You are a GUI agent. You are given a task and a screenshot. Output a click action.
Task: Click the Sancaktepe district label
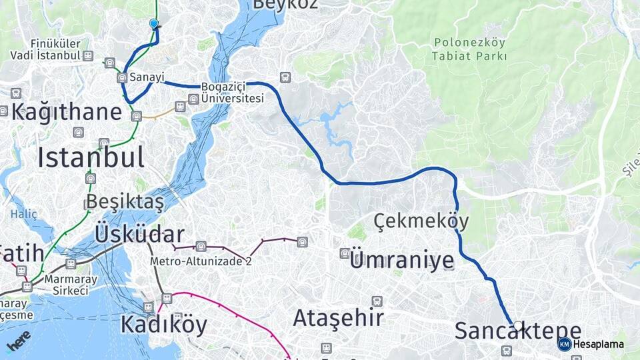[x=518, y=331]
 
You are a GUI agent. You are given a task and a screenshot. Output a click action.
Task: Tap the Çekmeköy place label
[x=421, y=221]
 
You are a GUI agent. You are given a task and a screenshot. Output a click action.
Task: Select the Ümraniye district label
[x=401, y=259]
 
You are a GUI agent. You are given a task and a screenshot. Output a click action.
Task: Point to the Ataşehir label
[x=338, y=317]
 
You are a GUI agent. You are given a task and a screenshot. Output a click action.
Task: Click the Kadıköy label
[x=163, y=325]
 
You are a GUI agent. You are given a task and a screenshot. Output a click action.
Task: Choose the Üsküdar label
[x=139, y=234]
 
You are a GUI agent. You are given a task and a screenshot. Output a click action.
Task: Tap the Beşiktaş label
[x=125, y=202]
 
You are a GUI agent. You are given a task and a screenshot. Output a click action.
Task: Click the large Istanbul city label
[x=91, y=157]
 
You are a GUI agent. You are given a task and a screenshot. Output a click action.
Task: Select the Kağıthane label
[x=66, y=111]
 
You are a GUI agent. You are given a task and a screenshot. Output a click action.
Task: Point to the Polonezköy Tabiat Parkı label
[x=469, y=49]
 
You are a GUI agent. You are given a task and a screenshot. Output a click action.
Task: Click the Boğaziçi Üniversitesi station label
[x=233, y=93]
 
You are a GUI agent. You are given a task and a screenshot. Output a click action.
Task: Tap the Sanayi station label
[x=147, y=77]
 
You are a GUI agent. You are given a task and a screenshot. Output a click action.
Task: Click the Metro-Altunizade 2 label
[x=201, y=261]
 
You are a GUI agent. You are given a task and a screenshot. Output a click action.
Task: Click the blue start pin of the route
[x=154, y=24]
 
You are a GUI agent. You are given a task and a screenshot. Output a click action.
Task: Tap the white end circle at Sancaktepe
[x=518, y=325]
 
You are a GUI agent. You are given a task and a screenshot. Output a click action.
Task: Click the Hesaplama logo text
[x=598, y=344]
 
